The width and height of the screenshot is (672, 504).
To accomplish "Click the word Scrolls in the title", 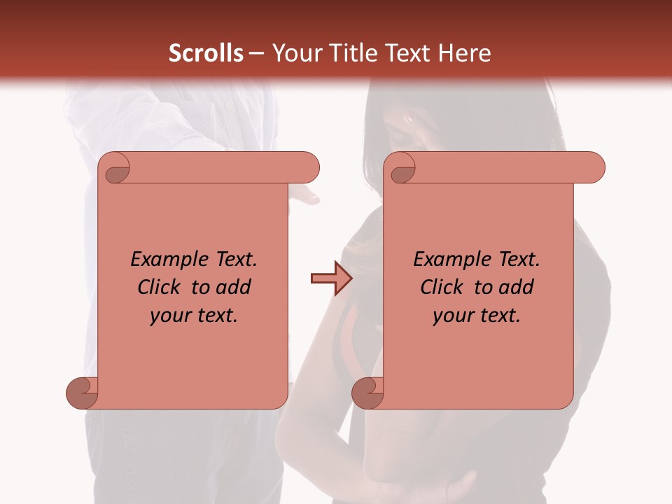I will [x=206, y=53].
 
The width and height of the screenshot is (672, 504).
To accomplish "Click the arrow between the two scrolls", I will [x=330, y=279].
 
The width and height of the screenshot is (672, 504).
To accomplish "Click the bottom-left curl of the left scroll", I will [x=83, y=393].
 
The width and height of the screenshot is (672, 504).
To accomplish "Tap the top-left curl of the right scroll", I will [x=402, y=169].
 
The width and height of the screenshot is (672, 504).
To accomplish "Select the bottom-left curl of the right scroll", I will [x=368, y=393].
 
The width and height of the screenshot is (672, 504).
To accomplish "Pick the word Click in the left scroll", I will [x=160, y=287].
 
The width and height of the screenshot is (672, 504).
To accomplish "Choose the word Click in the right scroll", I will [x=443, y=287].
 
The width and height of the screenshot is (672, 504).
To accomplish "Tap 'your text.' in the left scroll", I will [x=194, y=316].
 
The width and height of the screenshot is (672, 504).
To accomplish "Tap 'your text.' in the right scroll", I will [x=477, y=316].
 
